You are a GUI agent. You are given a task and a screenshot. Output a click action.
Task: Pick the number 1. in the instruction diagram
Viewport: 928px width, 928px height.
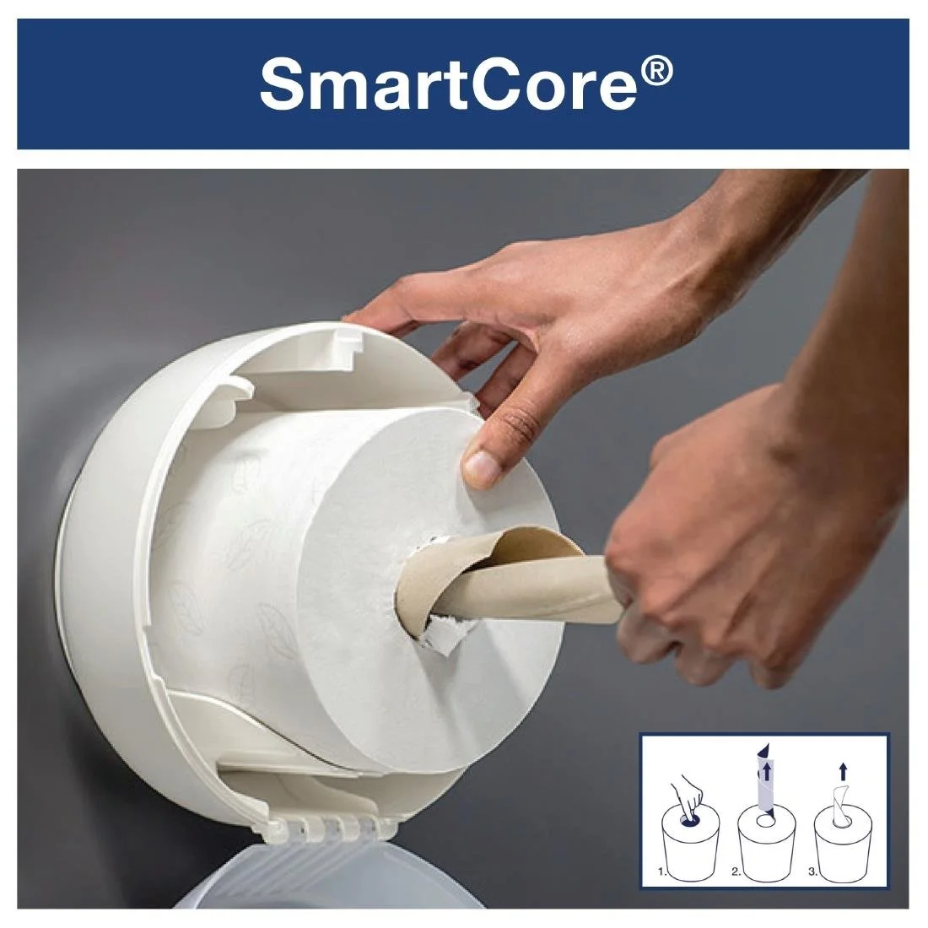point(662,874)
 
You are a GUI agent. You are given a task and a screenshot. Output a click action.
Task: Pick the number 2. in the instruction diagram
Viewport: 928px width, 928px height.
point(740,874)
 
